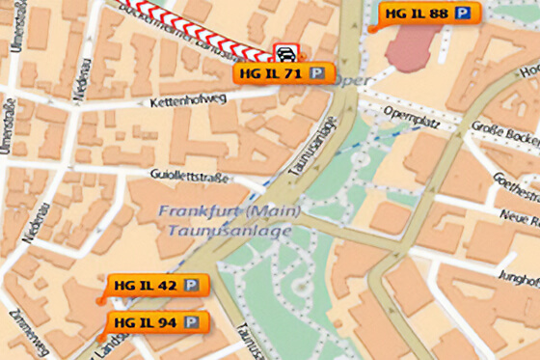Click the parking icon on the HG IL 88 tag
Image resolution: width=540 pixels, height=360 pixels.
(465, 14)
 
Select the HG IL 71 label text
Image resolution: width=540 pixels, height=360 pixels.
(272, 72)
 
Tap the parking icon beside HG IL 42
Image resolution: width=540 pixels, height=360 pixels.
(192, 285)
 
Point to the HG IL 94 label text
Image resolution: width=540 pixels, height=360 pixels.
(144, 321)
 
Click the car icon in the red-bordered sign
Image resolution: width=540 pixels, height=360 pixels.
(284, 52)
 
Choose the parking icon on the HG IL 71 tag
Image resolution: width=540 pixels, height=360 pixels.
(315, 72)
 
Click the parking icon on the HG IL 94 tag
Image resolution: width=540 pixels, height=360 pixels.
(191, 321)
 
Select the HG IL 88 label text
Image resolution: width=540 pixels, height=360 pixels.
(417, 14)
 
